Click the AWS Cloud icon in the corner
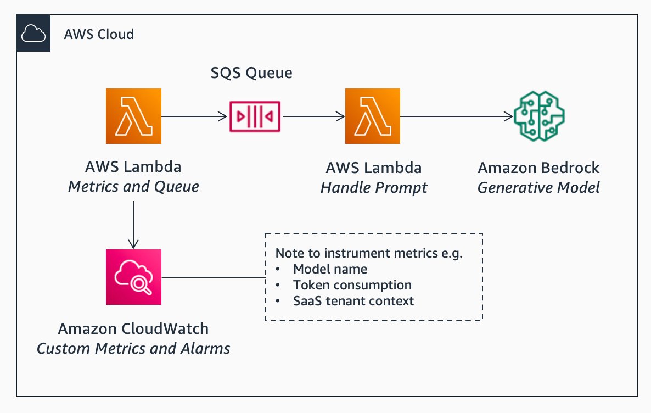(33, 33)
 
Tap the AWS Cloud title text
(99, 34)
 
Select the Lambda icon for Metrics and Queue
(133, 116)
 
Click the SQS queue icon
(255, 116)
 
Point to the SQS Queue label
(251, 72)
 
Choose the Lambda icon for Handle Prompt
(372, 116)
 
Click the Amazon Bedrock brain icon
(539, 116)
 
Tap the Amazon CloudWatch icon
(133, 277)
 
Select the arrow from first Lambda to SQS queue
(194, 116)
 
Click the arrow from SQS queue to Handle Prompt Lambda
(313, 116)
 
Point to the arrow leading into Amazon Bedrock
(457, 116)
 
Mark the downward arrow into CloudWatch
(133, 225)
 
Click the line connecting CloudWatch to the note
(214, 277)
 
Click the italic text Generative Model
(538, 187)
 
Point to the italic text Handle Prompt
(374, 188)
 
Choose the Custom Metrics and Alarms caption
(133, 348)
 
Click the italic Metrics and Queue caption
(133, 187)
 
